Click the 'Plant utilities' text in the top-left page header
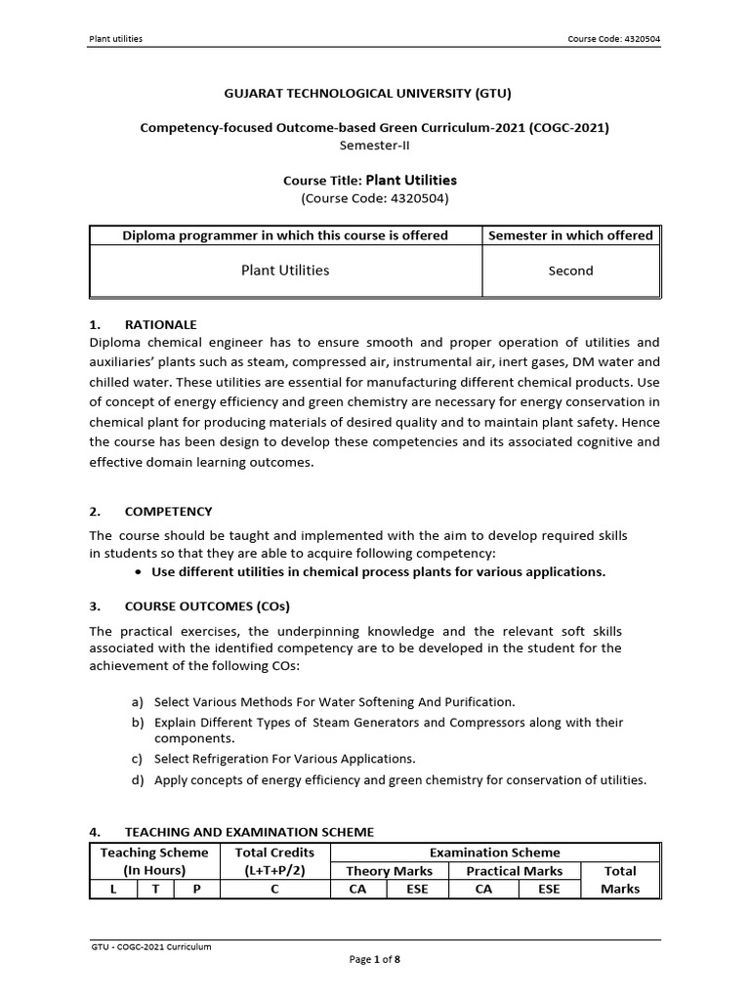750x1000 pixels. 116,39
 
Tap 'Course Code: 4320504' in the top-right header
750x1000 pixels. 619,39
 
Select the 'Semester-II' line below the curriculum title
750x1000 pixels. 375,144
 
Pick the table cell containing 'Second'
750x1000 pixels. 571,271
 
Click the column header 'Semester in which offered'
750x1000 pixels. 571,235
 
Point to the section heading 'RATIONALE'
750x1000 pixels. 160,324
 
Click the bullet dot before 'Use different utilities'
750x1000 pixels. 142,572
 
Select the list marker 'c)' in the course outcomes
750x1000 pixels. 137,759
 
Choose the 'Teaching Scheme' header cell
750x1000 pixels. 154,853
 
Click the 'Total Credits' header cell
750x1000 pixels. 275,853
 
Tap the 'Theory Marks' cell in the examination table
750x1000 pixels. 390,871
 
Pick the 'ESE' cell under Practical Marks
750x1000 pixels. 548,890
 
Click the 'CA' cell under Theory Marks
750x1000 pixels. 357,890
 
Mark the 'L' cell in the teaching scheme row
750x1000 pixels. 111,890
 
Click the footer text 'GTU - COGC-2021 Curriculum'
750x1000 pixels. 150,946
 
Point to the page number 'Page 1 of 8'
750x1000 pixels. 375,960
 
